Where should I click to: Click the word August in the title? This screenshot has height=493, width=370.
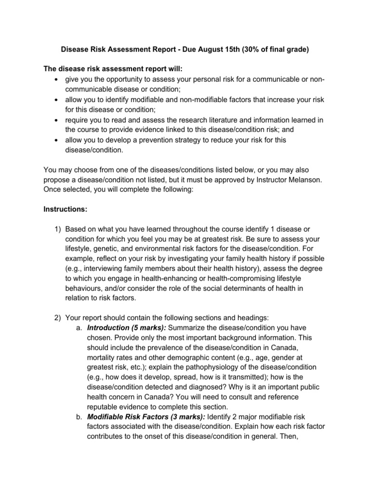215,49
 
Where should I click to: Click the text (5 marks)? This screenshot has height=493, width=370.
149,327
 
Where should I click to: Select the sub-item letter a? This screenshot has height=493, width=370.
79,327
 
